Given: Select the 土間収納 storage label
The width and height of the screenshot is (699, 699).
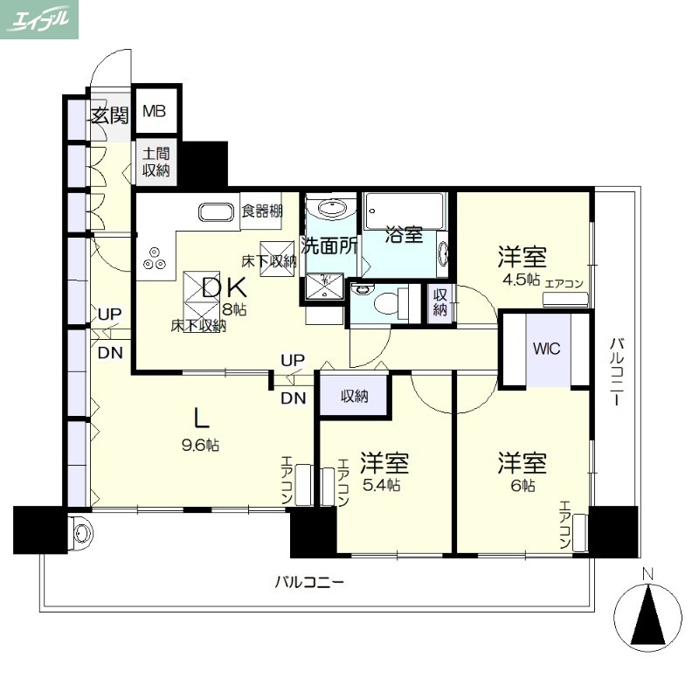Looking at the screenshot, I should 156,163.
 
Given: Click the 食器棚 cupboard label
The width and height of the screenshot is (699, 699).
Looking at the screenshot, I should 261,210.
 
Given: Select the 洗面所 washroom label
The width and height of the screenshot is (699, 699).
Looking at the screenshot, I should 329,246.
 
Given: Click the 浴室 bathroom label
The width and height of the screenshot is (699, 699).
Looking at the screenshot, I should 405,235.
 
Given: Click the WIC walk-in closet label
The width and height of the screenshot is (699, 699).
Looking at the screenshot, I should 547,349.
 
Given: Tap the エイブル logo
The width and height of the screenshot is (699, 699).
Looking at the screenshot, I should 39,19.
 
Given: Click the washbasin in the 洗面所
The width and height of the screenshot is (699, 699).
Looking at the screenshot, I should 330,209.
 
